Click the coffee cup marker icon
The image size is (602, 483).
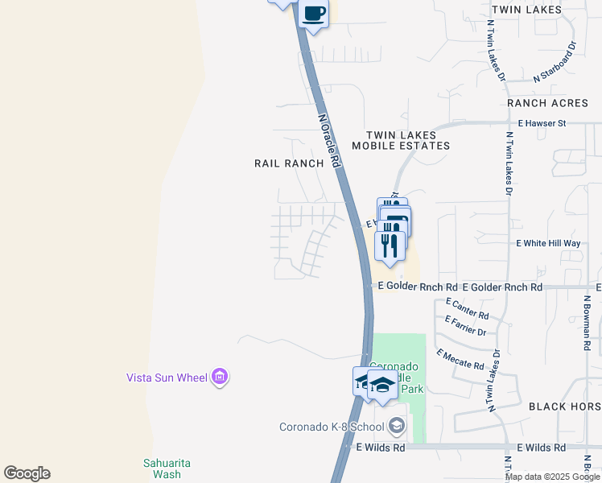tap(313, 14)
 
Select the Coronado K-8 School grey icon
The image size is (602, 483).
tap(396, 426)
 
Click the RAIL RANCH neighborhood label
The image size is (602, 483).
tap(289, 163)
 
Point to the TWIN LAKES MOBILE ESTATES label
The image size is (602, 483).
tap(407, 140)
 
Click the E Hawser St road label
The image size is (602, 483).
tap(542, 123)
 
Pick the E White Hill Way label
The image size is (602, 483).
tap(547, 243)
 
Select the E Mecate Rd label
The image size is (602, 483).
tap(460, 359)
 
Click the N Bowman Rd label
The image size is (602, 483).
tap(588, 321)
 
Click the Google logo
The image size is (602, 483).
tap(27, 473)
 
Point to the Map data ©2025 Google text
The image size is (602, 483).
tap(553, 477)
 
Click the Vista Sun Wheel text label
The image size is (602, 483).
tap(167, 377)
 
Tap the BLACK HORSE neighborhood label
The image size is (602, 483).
tap(564, 407)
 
